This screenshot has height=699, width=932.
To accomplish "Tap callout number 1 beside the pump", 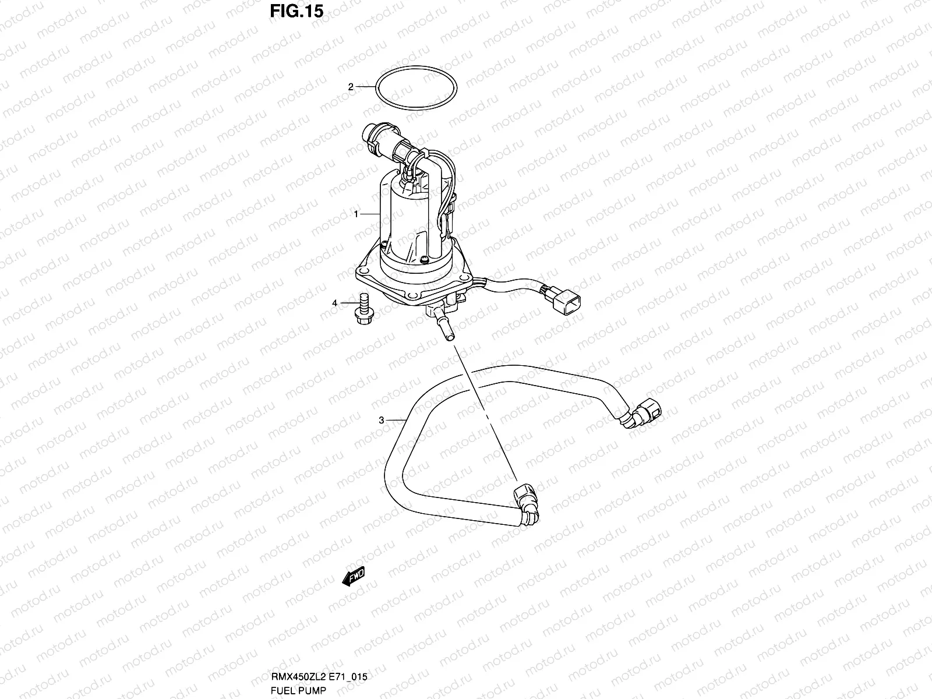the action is [x=356, y=214].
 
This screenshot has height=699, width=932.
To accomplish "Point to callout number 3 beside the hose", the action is [x=381, y=419].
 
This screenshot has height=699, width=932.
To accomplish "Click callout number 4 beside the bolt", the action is [x=335, y=303].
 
